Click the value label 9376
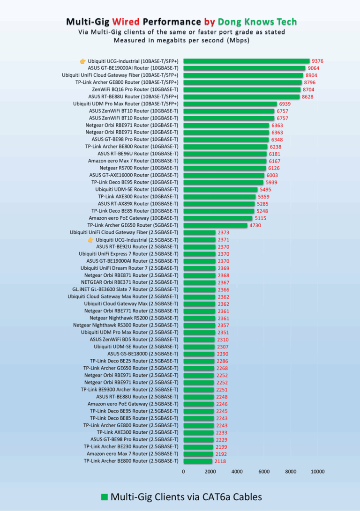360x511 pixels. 318,61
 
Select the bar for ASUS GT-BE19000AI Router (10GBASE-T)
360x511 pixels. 244,68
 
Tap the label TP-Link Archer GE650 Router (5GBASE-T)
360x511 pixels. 133,225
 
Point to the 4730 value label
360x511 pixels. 255,225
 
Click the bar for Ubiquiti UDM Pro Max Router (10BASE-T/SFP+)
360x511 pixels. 230,104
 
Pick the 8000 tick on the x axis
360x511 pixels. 291,472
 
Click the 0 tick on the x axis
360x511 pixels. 183,472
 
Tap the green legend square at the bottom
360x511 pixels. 105,497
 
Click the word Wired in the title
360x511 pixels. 126,22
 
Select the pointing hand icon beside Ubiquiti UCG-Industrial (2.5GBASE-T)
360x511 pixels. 91,240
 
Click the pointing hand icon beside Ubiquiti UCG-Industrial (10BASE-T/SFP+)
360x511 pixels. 83,61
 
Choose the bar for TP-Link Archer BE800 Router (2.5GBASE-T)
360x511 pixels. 198,461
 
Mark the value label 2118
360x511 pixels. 220,461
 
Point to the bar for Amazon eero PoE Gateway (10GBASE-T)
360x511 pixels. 218,218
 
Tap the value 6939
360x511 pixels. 285,104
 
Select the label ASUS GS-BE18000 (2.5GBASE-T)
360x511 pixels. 143,354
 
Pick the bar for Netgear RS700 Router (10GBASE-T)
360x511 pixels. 225,168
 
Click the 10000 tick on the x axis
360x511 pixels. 318,472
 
